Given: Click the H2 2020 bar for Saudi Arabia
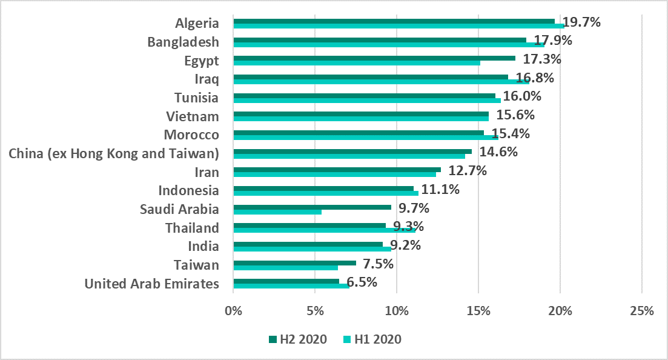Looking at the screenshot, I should point(312,207).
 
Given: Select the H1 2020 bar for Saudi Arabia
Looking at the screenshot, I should point(277,212).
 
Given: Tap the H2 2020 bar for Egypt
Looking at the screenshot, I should point(374,58).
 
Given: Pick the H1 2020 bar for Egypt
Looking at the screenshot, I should point(357,62).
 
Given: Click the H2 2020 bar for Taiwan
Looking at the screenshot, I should point(294,262).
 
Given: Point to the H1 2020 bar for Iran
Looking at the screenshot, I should point(334,175).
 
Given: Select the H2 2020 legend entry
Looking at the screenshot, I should point(297,339).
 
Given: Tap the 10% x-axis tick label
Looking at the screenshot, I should point(397,311).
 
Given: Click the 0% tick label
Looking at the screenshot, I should point(233,311).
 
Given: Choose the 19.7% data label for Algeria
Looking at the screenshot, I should point(581,22).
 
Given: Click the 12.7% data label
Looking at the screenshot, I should point(468,171).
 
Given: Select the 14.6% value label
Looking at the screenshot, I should point(498,152).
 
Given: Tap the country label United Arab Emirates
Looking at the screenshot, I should point(152,284).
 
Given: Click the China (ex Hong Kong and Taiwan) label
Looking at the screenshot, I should point(114,153).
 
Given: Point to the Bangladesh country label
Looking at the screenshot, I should point(183,42).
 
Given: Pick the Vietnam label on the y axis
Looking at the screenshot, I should point(193,116).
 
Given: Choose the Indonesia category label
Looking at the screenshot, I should point(188,190).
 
